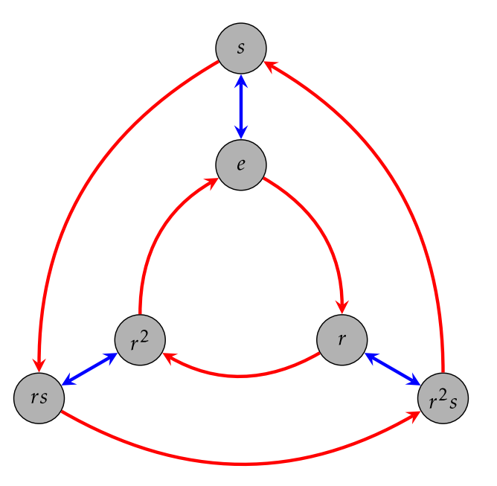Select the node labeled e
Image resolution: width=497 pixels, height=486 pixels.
click(x=241, y=164)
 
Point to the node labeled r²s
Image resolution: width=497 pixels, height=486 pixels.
click(x=443, y=397)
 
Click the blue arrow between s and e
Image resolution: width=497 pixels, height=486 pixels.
click(x=241, y=106)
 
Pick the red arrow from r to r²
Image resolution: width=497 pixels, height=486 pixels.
click(x=240, y=377)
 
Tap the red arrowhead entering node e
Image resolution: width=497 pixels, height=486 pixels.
click(x=211, y=183)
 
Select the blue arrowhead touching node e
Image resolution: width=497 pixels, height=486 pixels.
click(x=241, y=134)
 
